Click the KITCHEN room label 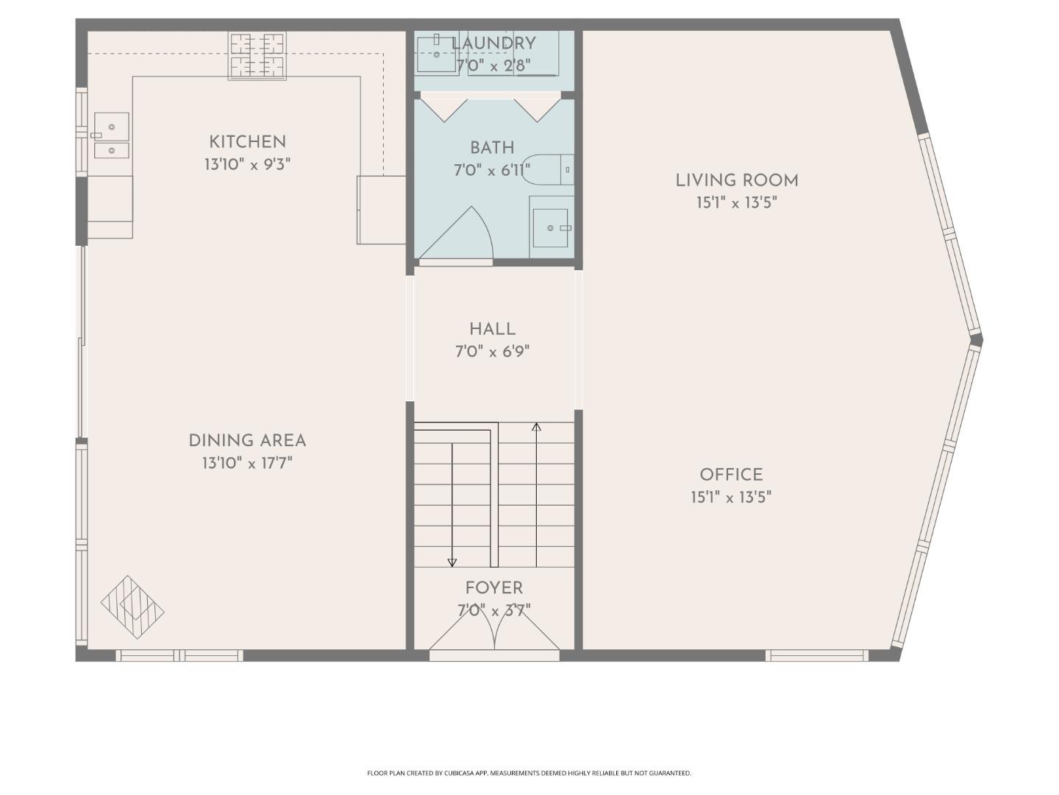[247, 142]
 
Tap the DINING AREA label [247, 441]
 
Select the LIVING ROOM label [737, 180]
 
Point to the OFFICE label [731, 475]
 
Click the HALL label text [492, 329]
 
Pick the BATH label [492, 147]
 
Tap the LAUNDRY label [493, 43]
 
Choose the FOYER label [493, 588]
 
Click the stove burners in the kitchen [257, 55]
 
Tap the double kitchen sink [111, 136]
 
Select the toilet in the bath [552, 169]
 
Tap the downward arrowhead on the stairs [452, 563]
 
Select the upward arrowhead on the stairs [537, 427]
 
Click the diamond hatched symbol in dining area [132, 607]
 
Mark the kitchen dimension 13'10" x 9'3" [247, 164]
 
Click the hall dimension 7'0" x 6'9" [492, 352]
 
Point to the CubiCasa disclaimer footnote [529, 773]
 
